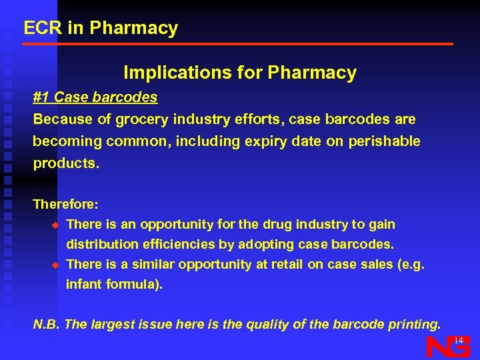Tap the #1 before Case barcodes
pyautogui.click(x=41, y=97)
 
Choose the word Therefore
pyautogui.click(x=65, y=204)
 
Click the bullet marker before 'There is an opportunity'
pyautogui.click(x=56, y=225)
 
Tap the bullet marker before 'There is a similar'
pyautogui.click(x=56, y=265)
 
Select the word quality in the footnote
pyautogui.click(x=266, y=325)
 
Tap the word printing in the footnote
pyautogui.click(x=413, y=325)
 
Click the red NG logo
pyautogui.click(x=447, y=347)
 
